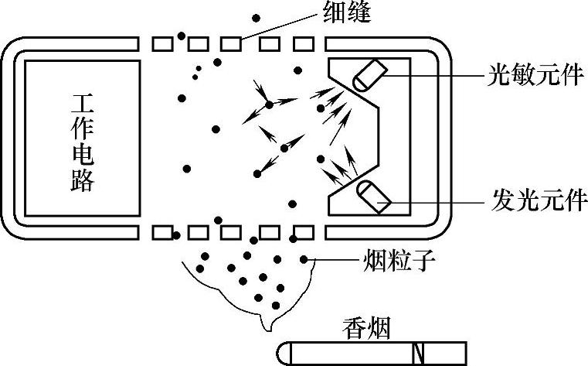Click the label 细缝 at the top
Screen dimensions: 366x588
point(341,13)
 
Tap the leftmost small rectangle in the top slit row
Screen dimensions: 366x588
point(161,43)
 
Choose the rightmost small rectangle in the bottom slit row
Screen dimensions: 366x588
point(304,231)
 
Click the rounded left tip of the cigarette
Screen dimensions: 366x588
point(284,353)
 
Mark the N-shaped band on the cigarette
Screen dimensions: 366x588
point(419,353)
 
